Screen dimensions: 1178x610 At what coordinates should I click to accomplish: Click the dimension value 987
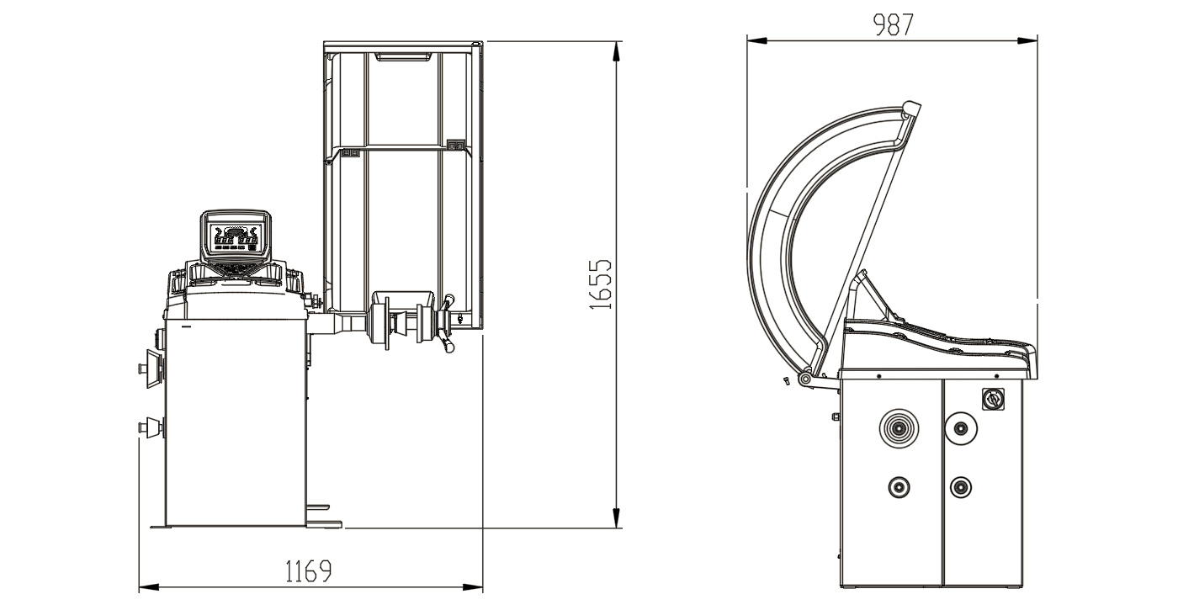894,24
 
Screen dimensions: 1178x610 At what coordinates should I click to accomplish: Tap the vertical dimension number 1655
601,284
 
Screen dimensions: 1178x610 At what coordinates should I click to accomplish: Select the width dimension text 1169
308,571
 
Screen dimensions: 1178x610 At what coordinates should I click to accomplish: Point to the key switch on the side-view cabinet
993,399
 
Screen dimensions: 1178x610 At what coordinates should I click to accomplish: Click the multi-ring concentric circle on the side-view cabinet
899,428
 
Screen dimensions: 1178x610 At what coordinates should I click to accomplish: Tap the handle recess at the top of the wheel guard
403,56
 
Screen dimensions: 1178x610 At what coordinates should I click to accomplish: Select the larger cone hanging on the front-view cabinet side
151,369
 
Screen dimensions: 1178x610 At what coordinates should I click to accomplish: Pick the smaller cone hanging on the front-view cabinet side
151,427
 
